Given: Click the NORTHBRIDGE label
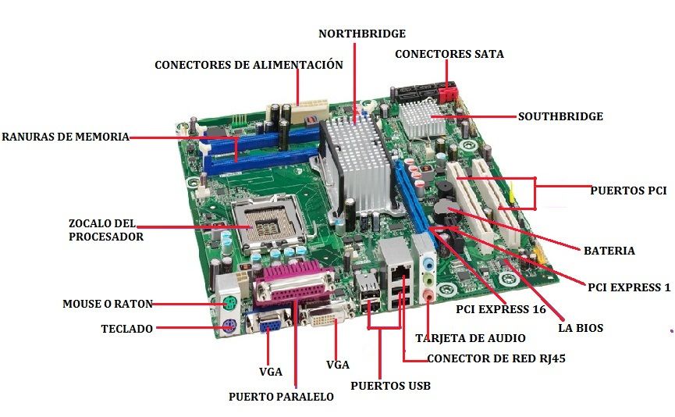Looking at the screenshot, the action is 362,34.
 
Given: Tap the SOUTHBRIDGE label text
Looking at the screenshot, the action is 560,116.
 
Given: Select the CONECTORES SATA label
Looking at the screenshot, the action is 449,54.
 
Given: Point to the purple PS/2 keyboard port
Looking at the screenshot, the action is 229,326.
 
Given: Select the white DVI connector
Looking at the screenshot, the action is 326,316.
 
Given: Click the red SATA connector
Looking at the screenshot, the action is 448,93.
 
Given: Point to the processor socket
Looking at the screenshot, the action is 269,223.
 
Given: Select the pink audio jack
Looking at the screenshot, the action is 428,296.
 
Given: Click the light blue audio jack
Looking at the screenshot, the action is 428,263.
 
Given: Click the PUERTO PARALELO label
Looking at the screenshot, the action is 281,397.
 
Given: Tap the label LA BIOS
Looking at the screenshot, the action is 581,328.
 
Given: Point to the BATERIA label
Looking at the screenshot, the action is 609,251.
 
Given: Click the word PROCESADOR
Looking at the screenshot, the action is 106,237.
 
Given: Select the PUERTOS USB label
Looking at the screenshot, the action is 390,386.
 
